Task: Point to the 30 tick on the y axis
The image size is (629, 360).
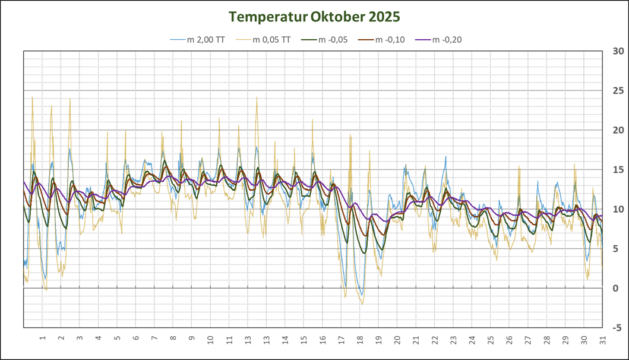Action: (x=617, y=52)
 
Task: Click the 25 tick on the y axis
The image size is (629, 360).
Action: (x=617, y=91)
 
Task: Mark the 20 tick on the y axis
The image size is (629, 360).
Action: (x=617, y=130)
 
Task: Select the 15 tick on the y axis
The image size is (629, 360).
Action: (x=617, y=170)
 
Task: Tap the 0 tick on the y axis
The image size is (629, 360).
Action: (x=615, y=288)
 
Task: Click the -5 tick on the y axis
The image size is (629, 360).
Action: (x=617, y=327)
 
